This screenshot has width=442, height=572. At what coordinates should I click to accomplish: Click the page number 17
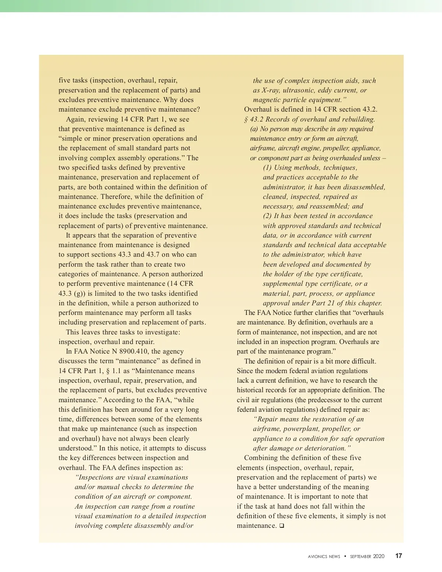coord(399,556)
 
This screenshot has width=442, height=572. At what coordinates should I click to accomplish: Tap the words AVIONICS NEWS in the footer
coord(324,557)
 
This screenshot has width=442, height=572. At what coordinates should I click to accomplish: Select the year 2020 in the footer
coord(379,556)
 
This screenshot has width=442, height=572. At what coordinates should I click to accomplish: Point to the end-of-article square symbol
coord(281,526)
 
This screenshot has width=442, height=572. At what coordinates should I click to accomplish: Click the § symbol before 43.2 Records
coord(246,119)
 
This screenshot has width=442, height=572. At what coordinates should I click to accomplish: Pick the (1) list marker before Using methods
coord(267,168)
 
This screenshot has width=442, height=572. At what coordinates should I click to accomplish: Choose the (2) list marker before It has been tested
coord(267,216)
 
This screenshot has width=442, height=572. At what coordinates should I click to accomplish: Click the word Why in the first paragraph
coord(171,100)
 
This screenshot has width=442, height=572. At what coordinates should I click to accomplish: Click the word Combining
coord(261,458)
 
